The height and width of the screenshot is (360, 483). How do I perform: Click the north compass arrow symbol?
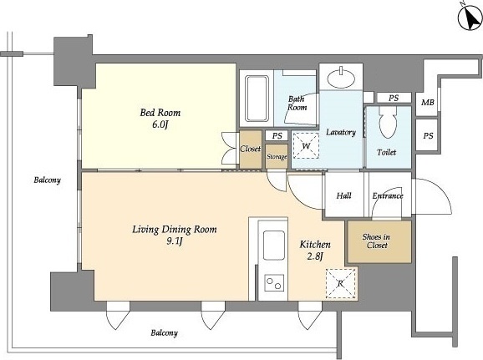(470, 18)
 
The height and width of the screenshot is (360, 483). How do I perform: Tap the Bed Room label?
(160, 113)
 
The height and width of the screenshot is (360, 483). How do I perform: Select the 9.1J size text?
(175, 241)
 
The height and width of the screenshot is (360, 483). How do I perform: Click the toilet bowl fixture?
(388, 122)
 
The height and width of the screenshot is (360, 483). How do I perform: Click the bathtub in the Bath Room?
(257, 99)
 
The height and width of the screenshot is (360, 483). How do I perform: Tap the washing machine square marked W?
(306, 145)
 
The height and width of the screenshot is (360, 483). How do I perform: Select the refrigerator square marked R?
(341, 283)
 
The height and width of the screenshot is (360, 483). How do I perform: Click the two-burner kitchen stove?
(274, 283)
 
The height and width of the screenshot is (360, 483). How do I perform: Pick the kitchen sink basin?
(274, 245)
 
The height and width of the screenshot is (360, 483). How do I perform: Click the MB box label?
(428, 103)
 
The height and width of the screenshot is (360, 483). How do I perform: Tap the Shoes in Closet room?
(379, 241)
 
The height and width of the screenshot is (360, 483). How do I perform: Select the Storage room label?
(277, 157)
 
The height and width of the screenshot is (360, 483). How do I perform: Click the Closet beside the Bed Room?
(251, 150)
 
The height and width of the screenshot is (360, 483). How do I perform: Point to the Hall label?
(343, 195)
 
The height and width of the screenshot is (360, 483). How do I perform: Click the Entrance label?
(388, 195)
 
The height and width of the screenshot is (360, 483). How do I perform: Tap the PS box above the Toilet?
(394, 98)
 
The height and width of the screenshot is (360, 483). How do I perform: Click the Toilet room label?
(386, 152)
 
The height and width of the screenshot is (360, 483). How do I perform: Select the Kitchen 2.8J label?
(315, 250)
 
